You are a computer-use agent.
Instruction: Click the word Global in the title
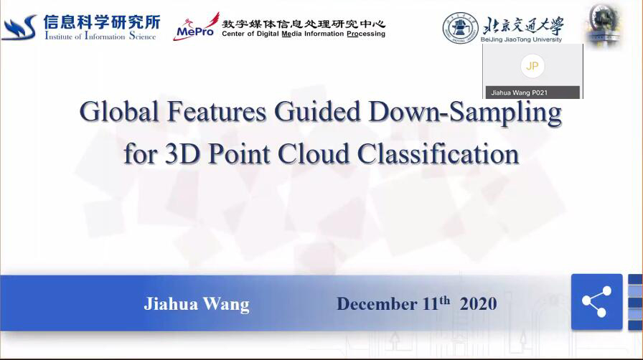(119, 111)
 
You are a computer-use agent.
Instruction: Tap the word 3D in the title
(182, 153)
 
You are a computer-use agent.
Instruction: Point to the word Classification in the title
(438, 153)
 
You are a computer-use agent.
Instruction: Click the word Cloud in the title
(313, 153)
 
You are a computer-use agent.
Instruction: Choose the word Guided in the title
(317, 111)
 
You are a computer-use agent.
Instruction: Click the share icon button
(596, 302)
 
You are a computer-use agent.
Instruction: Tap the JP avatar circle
(532, 65)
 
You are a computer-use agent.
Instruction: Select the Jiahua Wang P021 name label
(519, 93)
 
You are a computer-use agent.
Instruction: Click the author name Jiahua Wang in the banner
(197, 304)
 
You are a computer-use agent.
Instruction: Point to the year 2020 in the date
(478, 304)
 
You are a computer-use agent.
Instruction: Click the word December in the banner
(377, 304)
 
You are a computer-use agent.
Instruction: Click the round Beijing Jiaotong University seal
(461, 28)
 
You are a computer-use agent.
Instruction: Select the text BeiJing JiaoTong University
(521, 39)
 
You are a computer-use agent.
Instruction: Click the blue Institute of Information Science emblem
(19, 27)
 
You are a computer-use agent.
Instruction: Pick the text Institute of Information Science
(100, 36)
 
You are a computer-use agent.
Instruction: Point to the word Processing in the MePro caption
(366, 34)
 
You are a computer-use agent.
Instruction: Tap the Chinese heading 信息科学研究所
(102, 22)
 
